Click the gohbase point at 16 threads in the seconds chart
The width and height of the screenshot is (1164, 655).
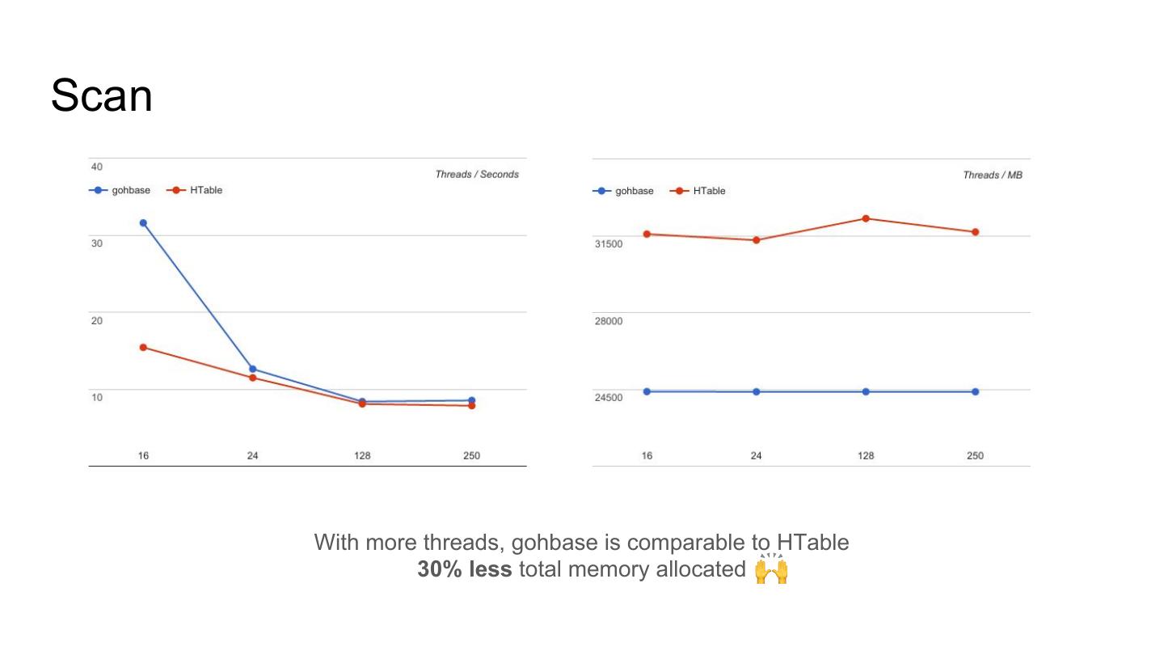point(143,223)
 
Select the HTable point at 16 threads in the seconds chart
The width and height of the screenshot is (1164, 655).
point(143,348)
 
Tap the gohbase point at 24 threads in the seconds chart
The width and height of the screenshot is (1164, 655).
point(253,369)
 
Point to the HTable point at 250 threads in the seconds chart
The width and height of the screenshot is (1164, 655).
point(471,406)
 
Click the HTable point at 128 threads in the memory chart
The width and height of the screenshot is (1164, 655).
point(866,218)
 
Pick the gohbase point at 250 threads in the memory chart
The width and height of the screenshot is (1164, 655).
point(975,391)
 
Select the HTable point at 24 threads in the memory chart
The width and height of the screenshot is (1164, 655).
point(757,240)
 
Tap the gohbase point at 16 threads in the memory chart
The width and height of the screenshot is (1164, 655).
point(647,391)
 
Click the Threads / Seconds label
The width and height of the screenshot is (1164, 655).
point(477,175)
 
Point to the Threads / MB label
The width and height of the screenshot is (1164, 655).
point(993,175)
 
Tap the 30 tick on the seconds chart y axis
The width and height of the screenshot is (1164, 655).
point(97,243)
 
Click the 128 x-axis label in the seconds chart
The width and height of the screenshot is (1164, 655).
point(362,456)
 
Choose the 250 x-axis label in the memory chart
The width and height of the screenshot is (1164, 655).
point(975,456)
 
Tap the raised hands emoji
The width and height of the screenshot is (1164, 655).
point(771,569)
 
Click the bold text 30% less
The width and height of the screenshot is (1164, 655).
point(465,569)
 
